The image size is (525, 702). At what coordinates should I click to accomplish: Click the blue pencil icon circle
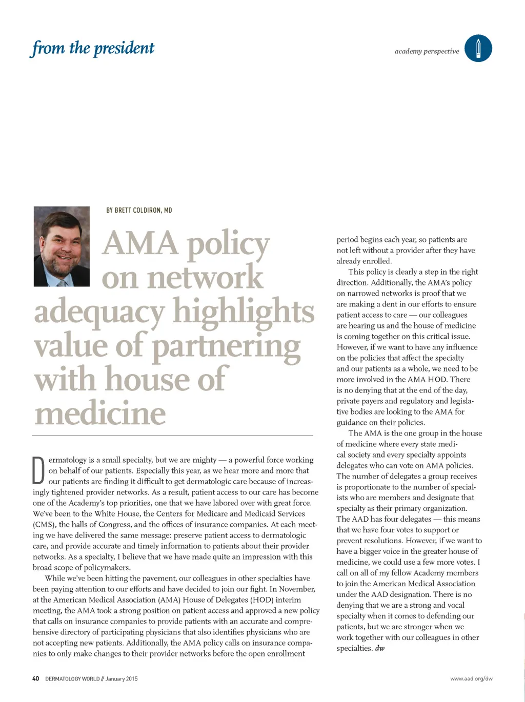[478, 49]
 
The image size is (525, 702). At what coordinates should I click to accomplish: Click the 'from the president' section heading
[93, 48]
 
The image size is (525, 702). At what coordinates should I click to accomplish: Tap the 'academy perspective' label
[427, 51]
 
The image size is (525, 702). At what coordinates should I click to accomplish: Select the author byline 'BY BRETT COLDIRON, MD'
[139, 210]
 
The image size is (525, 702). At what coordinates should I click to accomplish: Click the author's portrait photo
[62, 246]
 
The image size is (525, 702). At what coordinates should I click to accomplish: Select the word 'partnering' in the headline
[226, 347]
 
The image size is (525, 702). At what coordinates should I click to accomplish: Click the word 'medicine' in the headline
[100, 413]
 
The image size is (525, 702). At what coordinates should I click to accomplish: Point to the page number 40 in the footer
[35, 678]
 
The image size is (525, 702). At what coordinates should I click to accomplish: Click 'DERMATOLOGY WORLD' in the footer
[72, 678]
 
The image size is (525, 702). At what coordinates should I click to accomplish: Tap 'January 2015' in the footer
[122, 678]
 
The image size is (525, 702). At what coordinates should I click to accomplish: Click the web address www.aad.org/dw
[471, 678]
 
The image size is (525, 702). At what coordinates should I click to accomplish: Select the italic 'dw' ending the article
[380, 648]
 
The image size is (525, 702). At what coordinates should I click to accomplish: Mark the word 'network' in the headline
[205, 278]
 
